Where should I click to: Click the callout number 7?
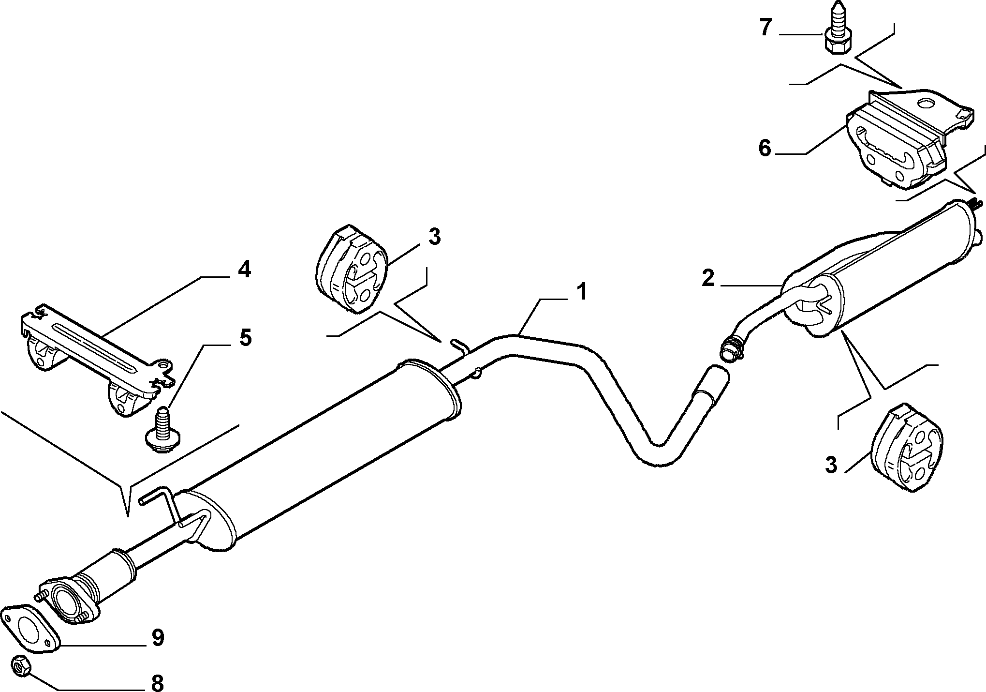pyautogui.click(x=765, y=28)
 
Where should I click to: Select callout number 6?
pyautogui.click(x=765, y=148)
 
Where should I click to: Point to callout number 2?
pyautogui.click(x=708, y=279)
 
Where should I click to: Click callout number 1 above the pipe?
pyautogui.click(x=581, y=292)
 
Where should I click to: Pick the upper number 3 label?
pyautogui.click(x=434, y=237)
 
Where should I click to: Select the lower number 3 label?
pyautogui.click(x=830, y=465)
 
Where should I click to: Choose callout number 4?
pyautogui.click(x=244, y=269)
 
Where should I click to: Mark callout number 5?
pyautogui.click(x=245, y=337)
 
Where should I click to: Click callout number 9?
pyautogui.click(x=158, y=638)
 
